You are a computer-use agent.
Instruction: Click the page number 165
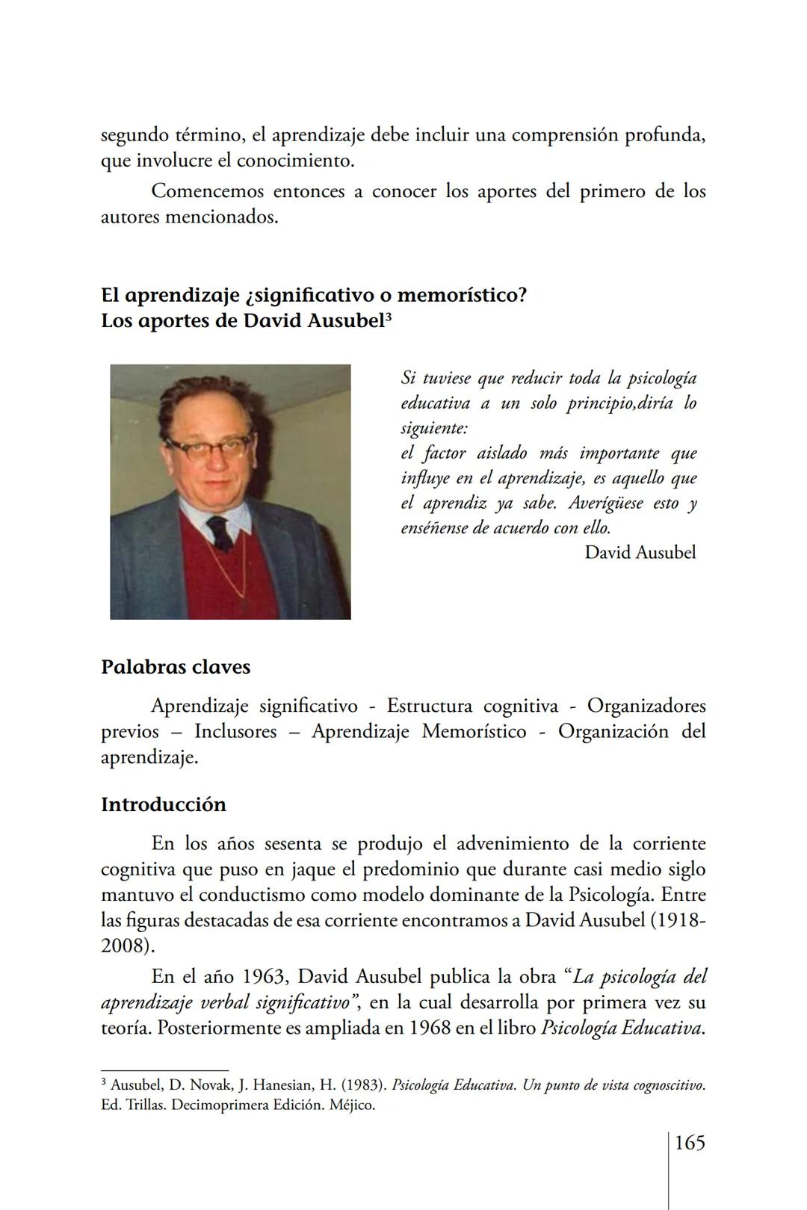click(x=689, y=1143)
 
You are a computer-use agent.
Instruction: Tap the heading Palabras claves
click(x=176, y=667)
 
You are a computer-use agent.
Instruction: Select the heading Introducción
click(x=163, y=805)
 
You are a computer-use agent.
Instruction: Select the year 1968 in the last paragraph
click(x=430, y=1028)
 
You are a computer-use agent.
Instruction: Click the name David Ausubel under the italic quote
click(x=640, y=553)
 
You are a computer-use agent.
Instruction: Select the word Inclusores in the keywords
click(x=235, y=732)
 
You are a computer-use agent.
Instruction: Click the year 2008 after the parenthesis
click(x=123, y=946)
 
